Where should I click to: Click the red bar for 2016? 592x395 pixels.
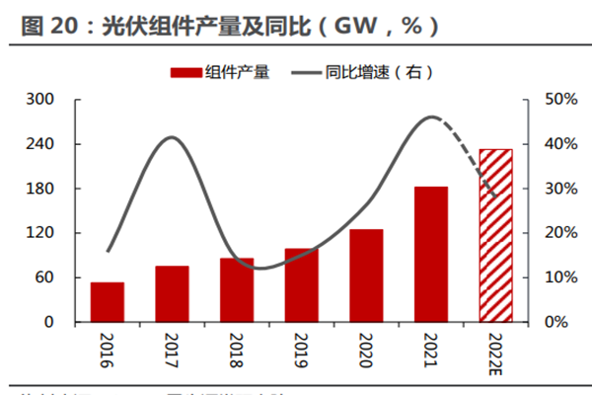[108, 302]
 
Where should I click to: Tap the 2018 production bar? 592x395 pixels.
[237, 290]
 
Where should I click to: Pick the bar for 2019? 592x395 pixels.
[302, 285]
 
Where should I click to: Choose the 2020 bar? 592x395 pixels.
[367, 276]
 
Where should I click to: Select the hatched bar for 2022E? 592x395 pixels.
[495, 236]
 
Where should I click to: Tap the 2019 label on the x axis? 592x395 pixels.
[302, 352]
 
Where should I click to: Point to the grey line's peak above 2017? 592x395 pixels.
[172, 137]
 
